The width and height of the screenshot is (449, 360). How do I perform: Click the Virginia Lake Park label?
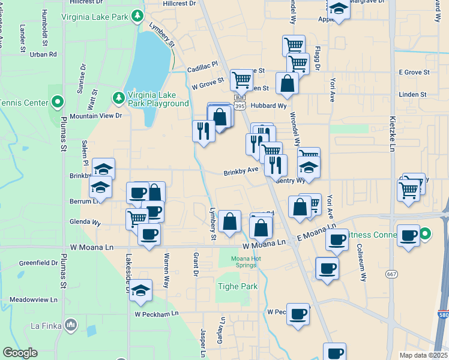(95, 17)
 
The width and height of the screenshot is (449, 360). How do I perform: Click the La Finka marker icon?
(71, 325)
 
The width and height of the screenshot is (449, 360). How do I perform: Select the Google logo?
(20, 353)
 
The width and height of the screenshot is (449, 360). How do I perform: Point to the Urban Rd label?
(43, 55)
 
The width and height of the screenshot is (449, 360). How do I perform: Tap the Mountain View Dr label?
(96, 116)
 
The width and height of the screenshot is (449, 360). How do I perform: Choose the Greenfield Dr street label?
(38, 263)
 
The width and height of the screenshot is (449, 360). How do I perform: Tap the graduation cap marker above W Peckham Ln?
(140, 290)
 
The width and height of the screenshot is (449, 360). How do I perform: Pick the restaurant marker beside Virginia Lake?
(203, 130)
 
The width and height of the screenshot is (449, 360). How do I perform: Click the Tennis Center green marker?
(58, 102)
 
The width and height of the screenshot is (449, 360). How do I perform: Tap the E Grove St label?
(414, 72)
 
